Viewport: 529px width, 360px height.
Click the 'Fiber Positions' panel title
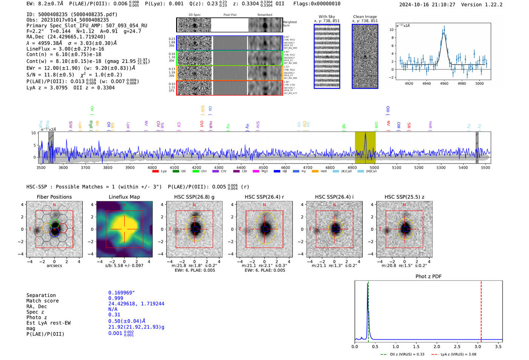pyautogui.click(x=54, y=197)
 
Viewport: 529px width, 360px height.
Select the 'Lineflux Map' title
pyautogui.click(x=124, y=197)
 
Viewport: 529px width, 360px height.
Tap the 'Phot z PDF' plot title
pyautogui.click(x=428, y=276)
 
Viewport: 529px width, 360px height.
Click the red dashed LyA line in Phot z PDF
pyautogui.click(x=481, y=310)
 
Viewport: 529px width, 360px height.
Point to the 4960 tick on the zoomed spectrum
pyautogui.click(x=444, y=83)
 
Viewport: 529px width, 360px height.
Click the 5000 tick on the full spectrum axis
pyautogui.click(x=374, y=167)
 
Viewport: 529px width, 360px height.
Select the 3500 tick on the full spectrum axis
pyautogui.click(x=41, y=167)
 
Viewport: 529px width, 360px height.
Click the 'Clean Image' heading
pyautogui.click(x=365, y=17)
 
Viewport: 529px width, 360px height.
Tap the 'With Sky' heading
pyautogui.click(x=326, y=17)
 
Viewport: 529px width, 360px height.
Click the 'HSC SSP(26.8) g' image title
pyautogui.click(x=194, y=197)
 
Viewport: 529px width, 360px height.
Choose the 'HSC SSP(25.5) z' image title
pyautogui.click(x=404, y=197)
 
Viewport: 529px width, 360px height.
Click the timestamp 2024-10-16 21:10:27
pyautogui.click(x=427, y=5)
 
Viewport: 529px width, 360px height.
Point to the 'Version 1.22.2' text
pyautogui.click(x=482, y=5)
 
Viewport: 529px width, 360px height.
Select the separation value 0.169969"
pyautogui.click(x=121, y=293)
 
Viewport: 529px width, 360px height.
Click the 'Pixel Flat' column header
pyautogui.click(x=230, y=15)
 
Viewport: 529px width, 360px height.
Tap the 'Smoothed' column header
pyautogui.click(x=264, y=15)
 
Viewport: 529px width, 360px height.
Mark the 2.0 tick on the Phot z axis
pyautogui.click(x=436, y=346)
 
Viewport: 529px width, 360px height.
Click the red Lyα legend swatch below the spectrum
pyautogui.click(x=155, y=171)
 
